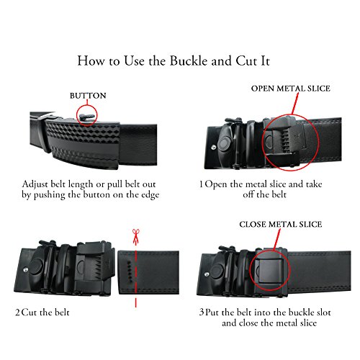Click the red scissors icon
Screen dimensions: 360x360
point(133,234)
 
